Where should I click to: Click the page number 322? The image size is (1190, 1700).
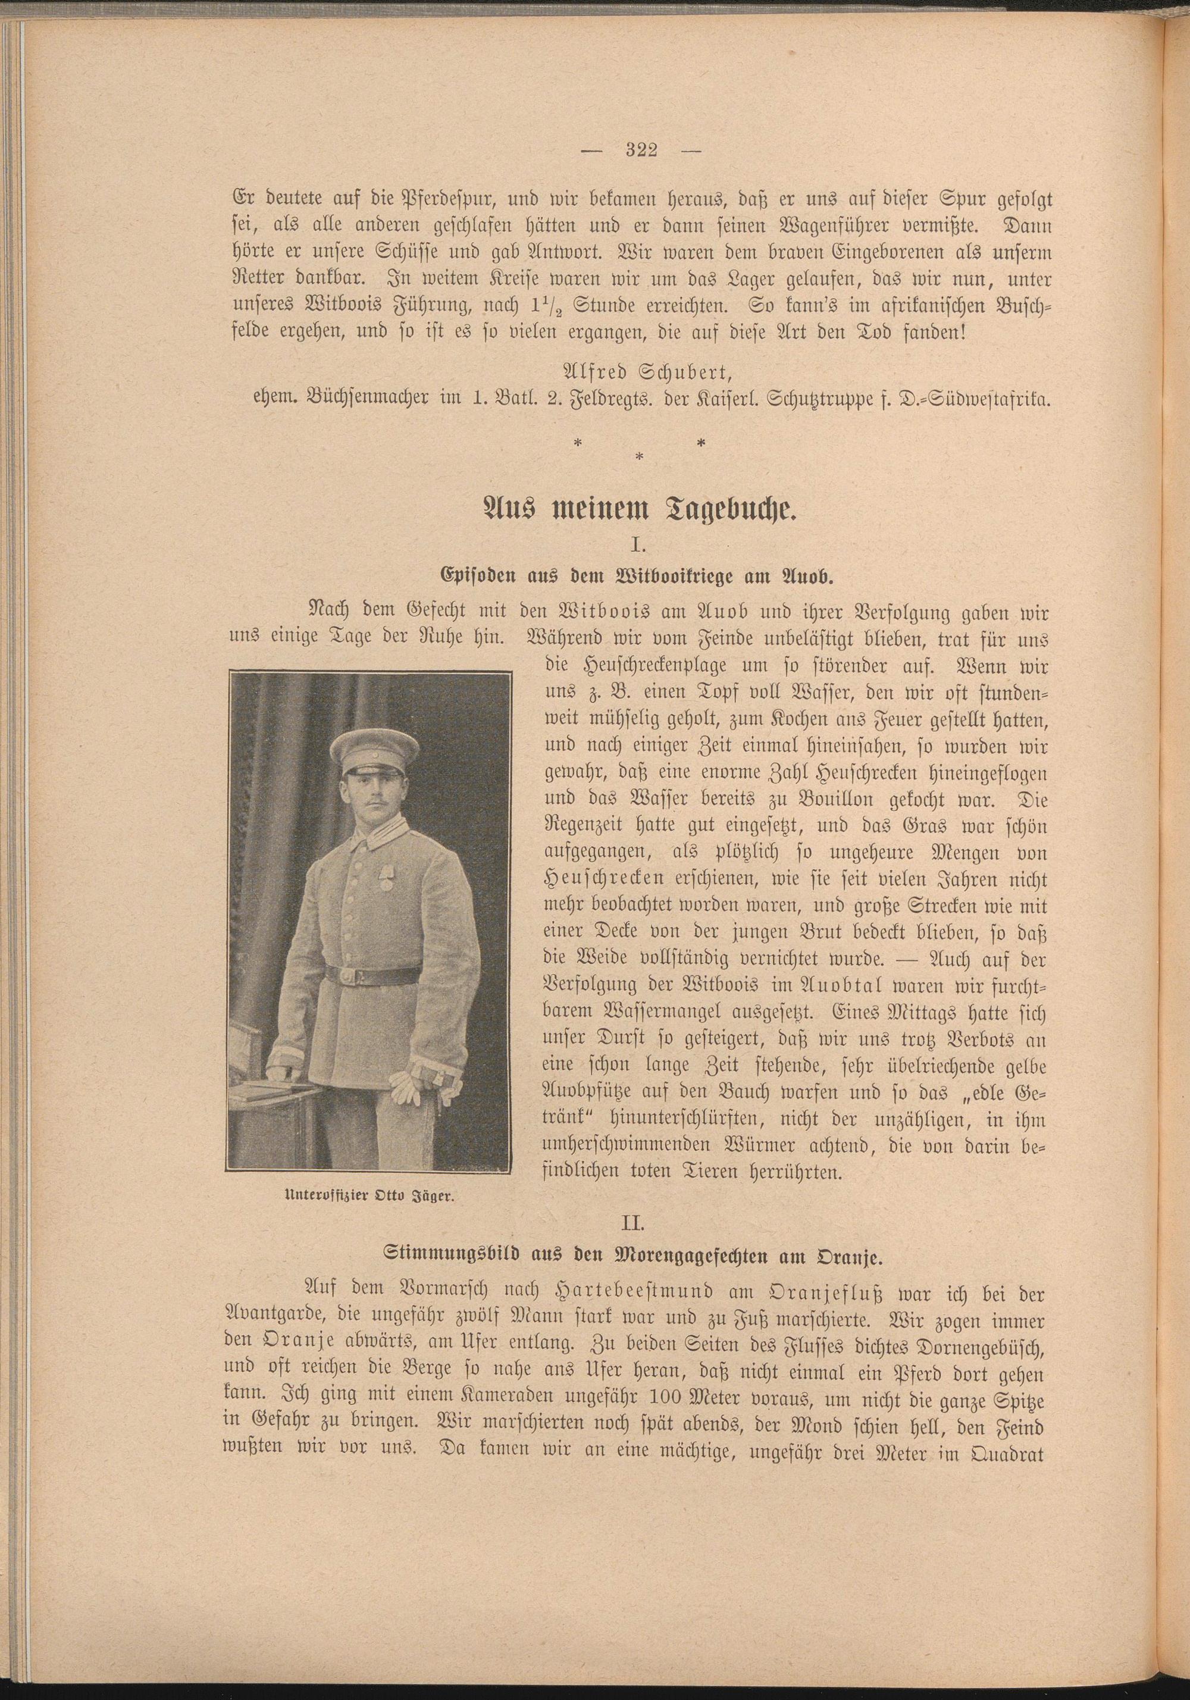coord(641,151)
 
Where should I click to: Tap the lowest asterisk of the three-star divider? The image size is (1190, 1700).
coord(639,457)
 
